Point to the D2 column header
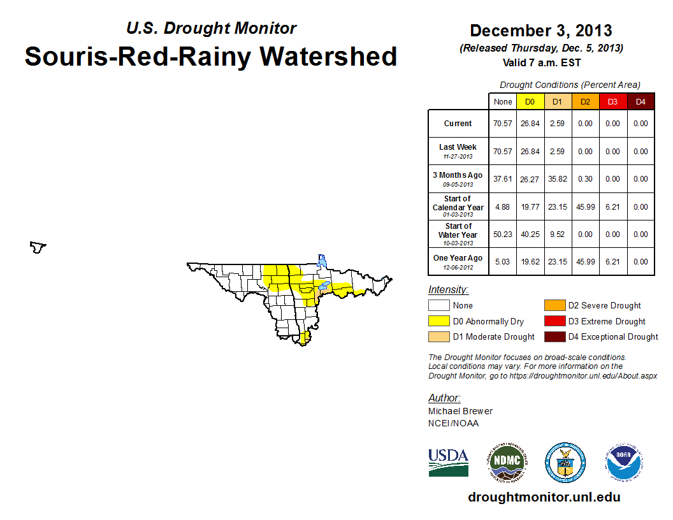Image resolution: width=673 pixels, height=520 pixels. click(x=584, y=102)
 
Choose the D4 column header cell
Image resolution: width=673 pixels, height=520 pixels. click(x=640, y=102)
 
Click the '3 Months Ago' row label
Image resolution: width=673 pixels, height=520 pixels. click(x=458, y=178)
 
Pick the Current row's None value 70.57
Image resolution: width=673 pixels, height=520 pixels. click(x=503, y=124)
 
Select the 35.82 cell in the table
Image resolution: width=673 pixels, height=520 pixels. click(x=557, y=179)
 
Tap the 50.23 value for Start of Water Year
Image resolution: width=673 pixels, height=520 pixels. click(x=503, y=234)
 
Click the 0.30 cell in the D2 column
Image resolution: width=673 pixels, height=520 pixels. click(x=584, y=179)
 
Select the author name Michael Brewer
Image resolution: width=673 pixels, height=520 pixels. click(x=460, y=411)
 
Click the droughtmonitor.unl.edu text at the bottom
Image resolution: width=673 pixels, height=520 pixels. click(x=544, y=497)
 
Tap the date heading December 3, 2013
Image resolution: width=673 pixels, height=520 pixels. click(x=540, y=31)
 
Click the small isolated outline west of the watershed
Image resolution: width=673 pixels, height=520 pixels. click(x=39, y=247)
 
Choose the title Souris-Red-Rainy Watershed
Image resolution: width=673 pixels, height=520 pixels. click(x=211, y=56)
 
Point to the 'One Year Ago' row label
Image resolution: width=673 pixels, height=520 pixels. click(x=458, y=261)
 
